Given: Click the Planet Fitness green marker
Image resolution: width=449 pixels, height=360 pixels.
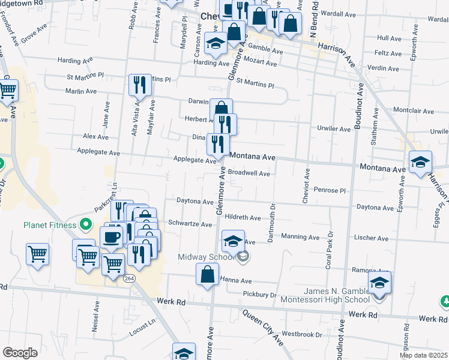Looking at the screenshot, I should click(86, 226).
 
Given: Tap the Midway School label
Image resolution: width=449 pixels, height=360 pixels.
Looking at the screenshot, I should click(208, 257).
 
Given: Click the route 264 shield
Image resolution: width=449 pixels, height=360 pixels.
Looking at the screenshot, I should click(129, 278).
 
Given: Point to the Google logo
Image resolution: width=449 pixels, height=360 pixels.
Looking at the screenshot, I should click(20, 352).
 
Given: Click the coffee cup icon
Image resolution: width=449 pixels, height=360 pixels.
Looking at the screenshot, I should click(111, 236).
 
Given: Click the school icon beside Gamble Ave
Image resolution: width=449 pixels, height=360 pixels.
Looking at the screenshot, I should click(215, 43).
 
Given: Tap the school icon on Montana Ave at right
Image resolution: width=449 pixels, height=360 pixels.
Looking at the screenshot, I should click(420, 161).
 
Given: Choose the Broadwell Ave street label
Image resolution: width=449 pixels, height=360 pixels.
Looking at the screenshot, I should click(249, 173).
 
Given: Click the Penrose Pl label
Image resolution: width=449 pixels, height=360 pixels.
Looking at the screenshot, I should click(330, 190).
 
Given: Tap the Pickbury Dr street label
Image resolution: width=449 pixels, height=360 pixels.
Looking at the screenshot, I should click(260, 295).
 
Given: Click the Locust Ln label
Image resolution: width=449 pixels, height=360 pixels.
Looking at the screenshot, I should click(143, 331).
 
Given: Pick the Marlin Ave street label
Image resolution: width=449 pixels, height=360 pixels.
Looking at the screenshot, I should click(82, 91).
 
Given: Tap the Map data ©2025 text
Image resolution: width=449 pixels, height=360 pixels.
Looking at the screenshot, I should click(424, 355).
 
